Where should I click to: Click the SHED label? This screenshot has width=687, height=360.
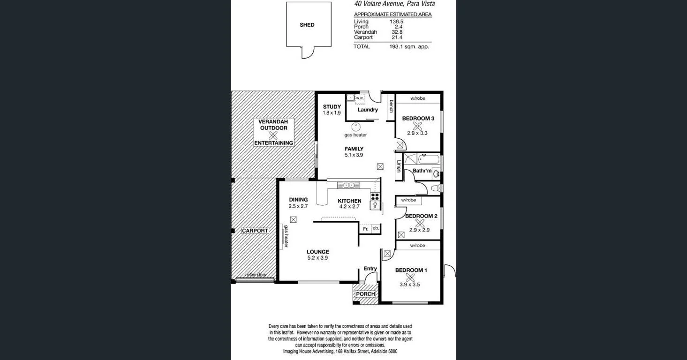click(x=307, y=25)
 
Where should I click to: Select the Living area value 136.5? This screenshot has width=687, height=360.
click(x=397, y=22)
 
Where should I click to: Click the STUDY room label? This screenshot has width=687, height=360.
click(x=332, y=107)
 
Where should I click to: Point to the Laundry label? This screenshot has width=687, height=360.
click(x=367, y=110)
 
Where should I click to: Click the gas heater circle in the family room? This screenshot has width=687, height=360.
click(x=355, y=127)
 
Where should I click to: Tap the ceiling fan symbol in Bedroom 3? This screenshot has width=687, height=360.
click(x=417, y=126)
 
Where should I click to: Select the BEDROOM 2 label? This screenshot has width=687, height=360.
click(x=421, y=216)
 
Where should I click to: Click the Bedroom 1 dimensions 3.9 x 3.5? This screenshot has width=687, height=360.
click(x=409, y=284)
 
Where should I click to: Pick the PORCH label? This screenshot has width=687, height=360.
click(x=365, y=294)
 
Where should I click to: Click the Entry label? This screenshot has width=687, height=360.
click(x=370, y=269)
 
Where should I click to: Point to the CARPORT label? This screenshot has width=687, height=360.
click(x=255, y=231)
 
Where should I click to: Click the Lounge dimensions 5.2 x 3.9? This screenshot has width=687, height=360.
click(x=317, y=258)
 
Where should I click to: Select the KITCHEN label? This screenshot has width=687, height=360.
click(x=350, y=201)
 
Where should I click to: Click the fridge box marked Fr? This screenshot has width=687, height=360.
click(x=365, y=229)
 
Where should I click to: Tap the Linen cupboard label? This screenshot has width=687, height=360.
click(x=399, y=166)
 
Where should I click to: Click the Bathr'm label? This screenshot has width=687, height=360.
click(x=422, y=171)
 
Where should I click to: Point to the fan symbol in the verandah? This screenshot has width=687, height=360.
click(x=273, y=135)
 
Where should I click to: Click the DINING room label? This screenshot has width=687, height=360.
click(x=298, y=200)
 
